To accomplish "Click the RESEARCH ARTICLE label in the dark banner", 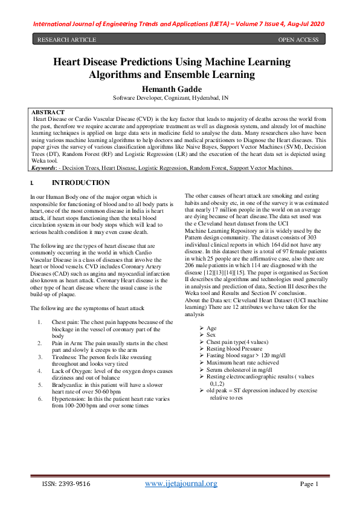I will pos(67,40).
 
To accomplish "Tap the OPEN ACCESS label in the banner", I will pos(298,40).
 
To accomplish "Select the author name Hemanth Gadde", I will pos(179,88).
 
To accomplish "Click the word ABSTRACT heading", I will pos(48,112).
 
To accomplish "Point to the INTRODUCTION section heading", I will pos(81,183).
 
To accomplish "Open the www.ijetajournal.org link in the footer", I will pos(182,484).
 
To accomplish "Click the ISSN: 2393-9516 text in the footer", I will pos(66,484).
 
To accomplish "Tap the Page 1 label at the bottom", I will pos(309,484).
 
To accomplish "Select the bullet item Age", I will pos(211,328).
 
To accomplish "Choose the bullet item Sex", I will pos(211,335).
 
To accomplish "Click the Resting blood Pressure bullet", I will pos(234,349).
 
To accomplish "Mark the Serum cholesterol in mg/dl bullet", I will pos(239,369).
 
